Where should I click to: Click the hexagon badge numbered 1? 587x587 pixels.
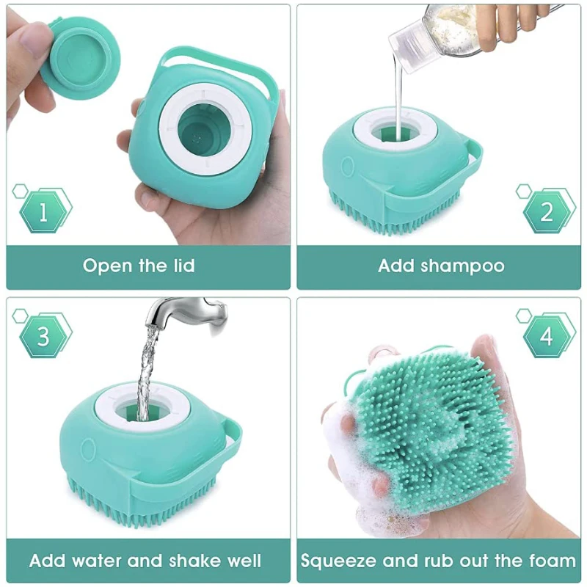point(43,212)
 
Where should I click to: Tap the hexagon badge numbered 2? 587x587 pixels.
point(547,212)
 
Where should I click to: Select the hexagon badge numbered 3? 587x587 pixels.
point(43,337)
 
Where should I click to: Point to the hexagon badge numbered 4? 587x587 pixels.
point(547,337)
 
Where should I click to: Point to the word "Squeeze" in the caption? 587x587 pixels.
point(338,561)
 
